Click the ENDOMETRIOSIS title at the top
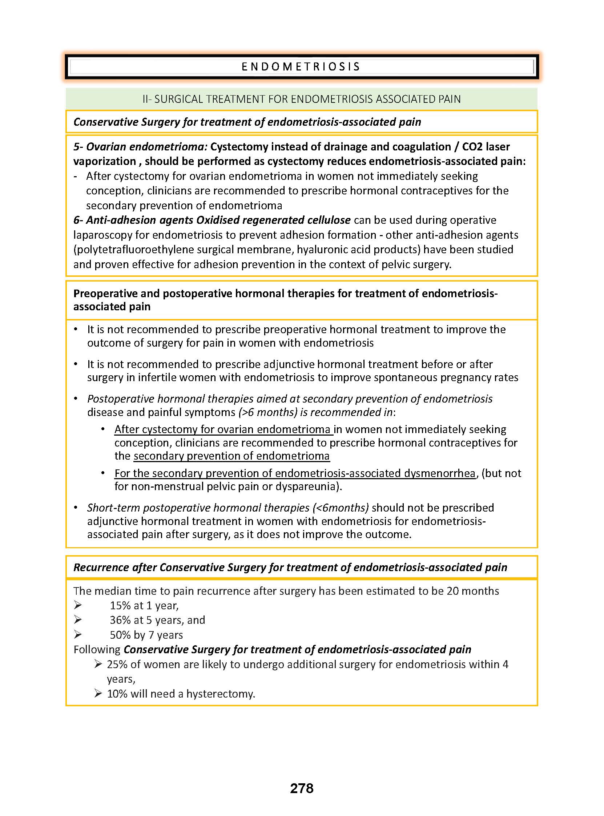[x=301, y=66]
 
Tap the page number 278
[x=302, y=788]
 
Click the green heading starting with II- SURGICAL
[x=302, y=99]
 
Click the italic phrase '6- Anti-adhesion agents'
[x=133, y=221]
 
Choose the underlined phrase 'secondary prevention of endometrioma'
[x=231, y=456]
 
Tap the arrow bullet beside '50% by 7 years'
[x=78, y=635]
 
